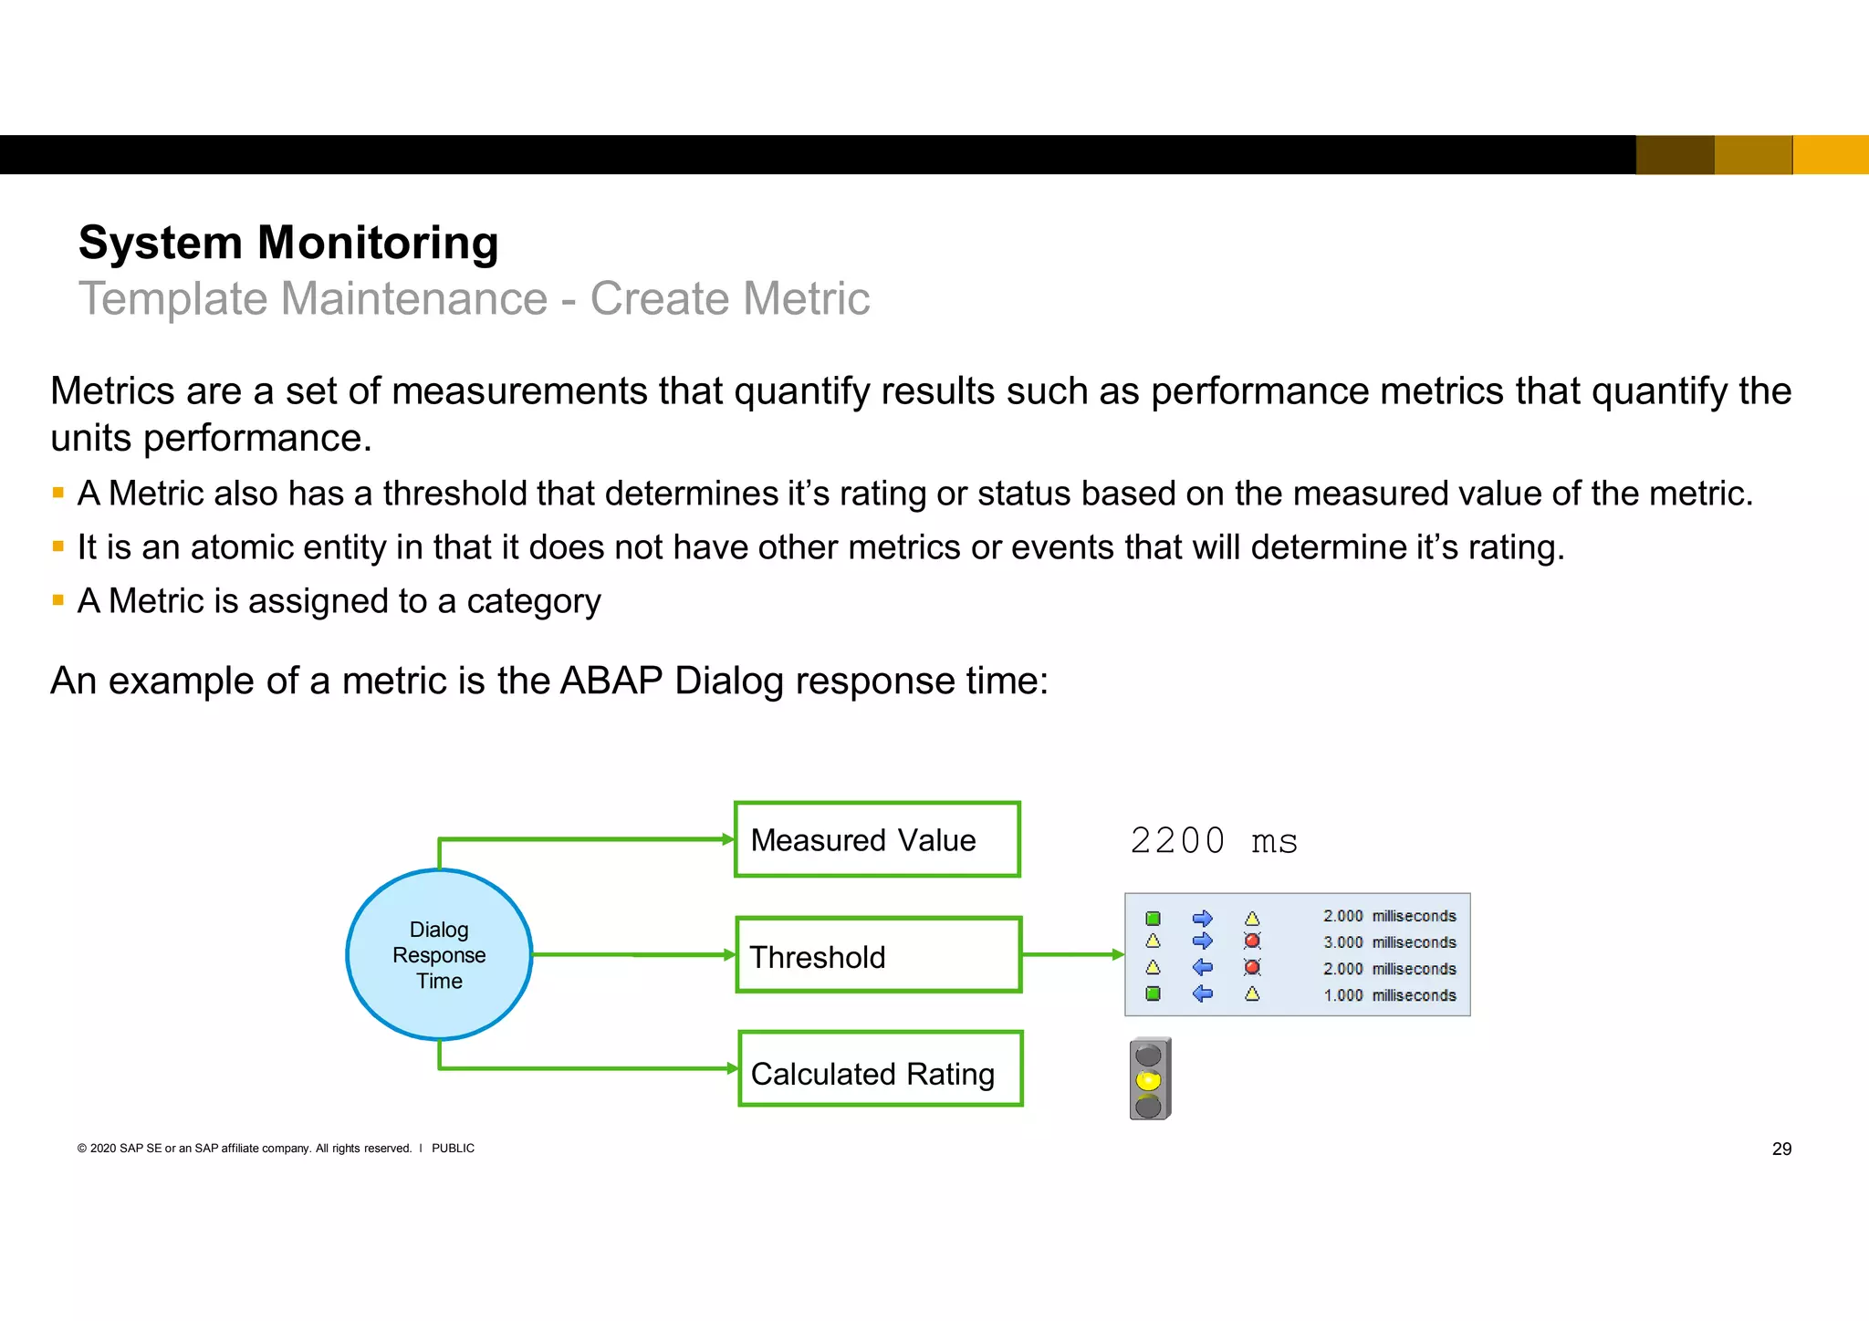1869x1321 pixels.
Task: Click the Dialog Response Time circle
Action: pos(439,954)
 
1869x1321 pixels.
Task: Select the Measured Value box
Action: pos(877,839)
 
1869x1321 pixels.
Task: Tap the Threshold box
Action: pos(878,955)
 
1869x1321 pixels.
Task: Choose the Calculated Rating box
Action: pos(880,1069)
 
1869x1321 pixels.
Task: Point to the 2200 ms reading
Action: pos(1213,840)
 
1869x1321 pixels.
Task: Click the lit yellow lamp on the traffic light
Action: pos(1148,1081)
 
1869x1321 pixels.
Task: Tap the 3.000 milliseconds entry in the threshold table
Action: pos(1389,942)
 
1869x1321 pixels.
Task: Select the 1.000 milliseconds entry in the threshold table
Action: pos(1389,995)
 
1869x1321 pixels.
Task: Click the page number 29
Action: pos(1781,1149)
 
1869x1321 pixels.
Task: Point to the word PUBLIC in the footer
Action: pos(453,1149)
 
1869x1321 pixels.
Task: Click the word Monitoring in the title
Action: pos(378,243)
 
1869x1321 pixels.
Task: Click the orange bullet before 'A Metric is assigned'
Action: pos(58,600)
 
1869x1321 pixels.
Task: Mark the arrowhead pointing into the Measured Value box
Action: pos(728,839)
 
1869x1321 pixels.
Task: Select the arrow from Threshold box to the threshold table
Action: pos(1073,954)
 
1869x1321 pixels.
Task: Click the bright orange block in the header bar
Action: pos(1831,154)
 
